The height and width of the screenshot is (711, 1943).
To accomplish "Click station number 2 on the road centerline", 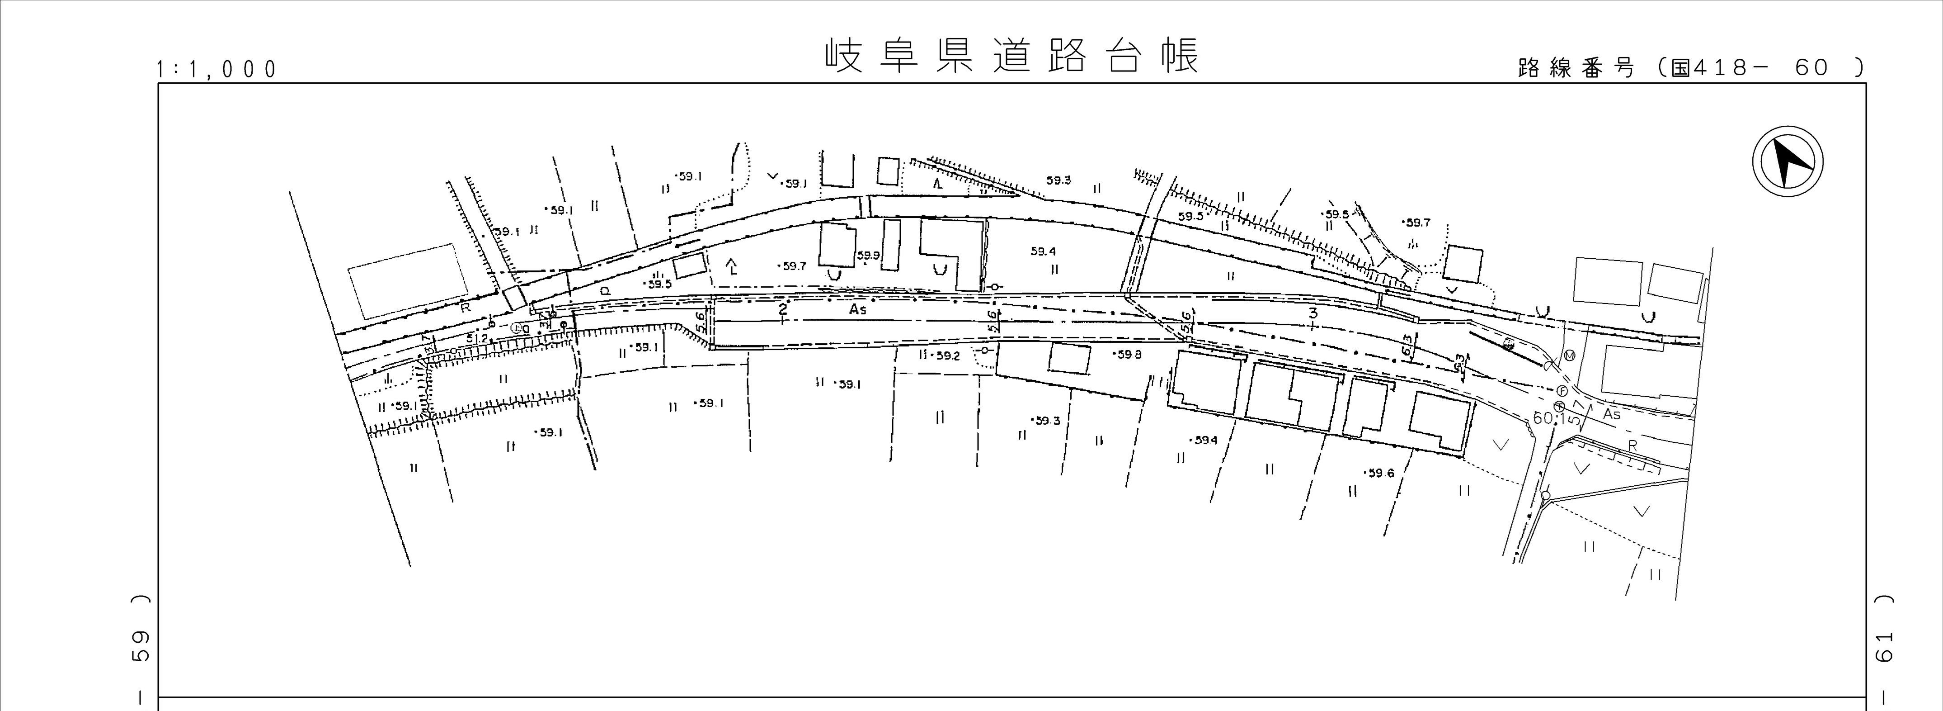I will point(783,309).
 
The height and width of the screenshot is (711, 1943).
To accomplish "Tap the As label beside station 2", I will point(858,309).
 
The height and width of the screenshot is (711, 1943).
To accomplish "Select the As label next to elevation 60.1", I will point(1611,414).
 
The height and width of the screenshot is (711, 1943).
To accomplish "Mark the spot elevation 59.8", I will point(1129,354).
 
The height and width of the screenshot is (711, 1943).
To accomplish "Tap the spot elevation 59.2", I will point(946,355).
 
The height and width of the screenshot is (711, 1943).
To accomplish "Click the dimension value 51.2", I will point(477,339).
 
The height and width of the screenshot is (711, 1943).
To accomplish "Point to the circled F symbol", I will point(1562,390).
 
